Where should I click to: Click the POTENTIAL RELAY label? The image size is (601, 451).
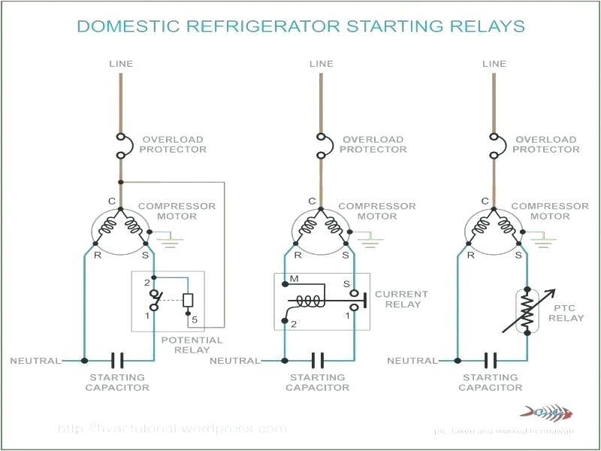[x=192, y=345]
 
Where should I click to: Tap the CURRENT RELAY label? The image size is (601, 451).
[x=401, y=299]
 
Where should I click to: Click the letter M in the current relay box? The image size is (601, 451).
[x=294, y=279]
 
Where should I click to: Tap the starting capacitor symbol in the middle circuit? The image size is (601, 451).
[x=318, y=361]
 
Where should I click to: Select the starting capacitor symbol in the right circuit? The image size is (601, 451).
[x=491, y=361]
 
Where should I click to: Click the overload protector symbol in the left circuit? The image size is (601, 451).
[x=121, y=147]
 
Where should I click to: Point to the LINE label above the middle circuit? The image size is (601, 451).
[x=321, y=64]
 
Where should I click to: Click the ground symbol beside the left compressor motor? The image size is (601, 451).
[x=172, y=239]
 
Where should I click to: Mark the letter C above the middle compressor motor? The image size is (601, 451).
[x=312, y=201]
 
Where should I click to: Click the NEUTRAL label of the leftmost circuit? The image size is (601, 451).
[x=35, y=361]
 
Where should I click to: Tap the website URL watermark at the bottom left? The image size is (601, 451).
[x=172, y=428]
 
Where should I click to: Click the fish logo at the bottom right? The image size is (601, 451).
[x=547, y=412]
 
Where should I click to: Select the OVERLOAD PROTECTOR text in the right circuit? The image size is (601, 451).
[x=546, y=144]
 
